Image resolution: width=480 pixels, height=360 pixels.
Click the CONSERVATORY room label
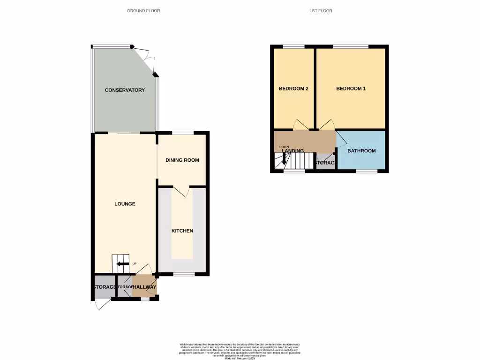click(125, 90)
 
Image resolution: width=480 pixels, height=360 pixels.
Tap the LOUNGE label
click(125, 204)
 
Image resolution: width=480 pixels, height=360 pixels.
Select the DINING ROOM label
click(182, 160)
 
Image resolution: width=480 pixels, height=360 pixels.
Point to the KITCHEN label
click(182, 231)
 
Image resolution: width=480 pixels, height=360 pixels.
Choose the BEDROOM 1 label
click(351, 89)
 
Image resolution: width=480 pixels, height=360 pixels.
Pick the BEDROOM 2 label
click(293, 89)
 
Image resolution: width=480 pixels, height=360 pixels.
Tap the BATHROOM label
click(361, 151)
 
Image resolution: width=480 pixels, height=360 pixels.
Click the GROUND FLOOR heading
click(143, 11)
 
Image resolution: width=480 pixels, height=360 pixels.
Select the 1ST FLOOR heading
click(321, 11)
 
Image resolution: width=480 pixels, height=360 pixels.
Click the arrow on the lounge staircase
click(121, 264)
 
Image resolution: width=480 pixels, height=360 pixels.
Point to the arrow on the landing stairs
click(283, 158)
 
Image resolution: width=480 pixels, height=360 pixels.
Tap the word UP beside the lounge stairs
click(135, 264)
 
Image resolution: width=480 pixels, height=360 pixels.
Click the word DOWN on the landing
click(284, 147)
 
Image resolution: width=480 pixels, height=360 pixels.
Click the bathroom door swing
click(341, 140)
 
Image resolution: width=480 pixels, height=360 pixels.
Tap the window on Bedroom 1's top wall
click(351, 46)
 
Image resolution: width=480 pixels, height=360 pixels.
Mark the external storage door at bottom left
click(101, 305)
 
